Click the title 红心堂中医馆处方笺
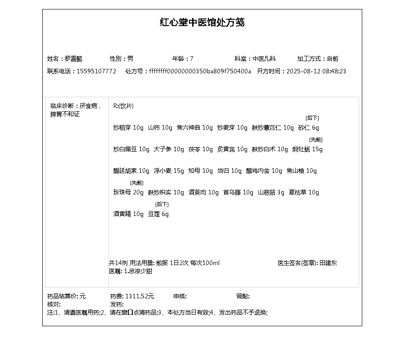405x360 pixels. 202,22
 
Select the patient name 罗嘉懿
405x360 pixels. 74,58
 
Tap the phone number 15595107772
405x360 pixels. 96,71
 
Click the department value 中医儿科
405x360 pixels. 264,58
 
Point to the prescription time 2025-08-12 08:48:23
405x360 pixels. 316,71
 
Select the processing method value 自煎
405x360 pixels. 333,58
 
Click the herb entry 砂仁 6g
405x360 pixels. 309,128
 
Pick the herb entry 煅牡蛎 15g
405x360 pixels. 307,149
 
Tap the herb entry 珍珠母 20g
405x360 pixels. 128,193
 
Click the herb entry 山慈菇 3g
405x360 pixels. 271,193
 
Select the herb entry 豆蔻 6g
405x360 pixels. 158,214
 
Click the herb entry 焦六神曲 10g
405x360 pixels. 194,128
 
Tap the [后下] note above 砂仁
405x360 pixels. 312,118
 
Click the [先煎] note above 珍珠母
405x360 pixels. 137,183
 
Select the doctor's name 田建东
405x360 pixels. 328,263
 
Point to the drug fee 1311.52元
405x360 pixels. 139,296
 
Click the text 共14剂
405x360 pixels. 118,263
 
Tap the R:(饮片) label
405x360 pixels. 123,106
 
